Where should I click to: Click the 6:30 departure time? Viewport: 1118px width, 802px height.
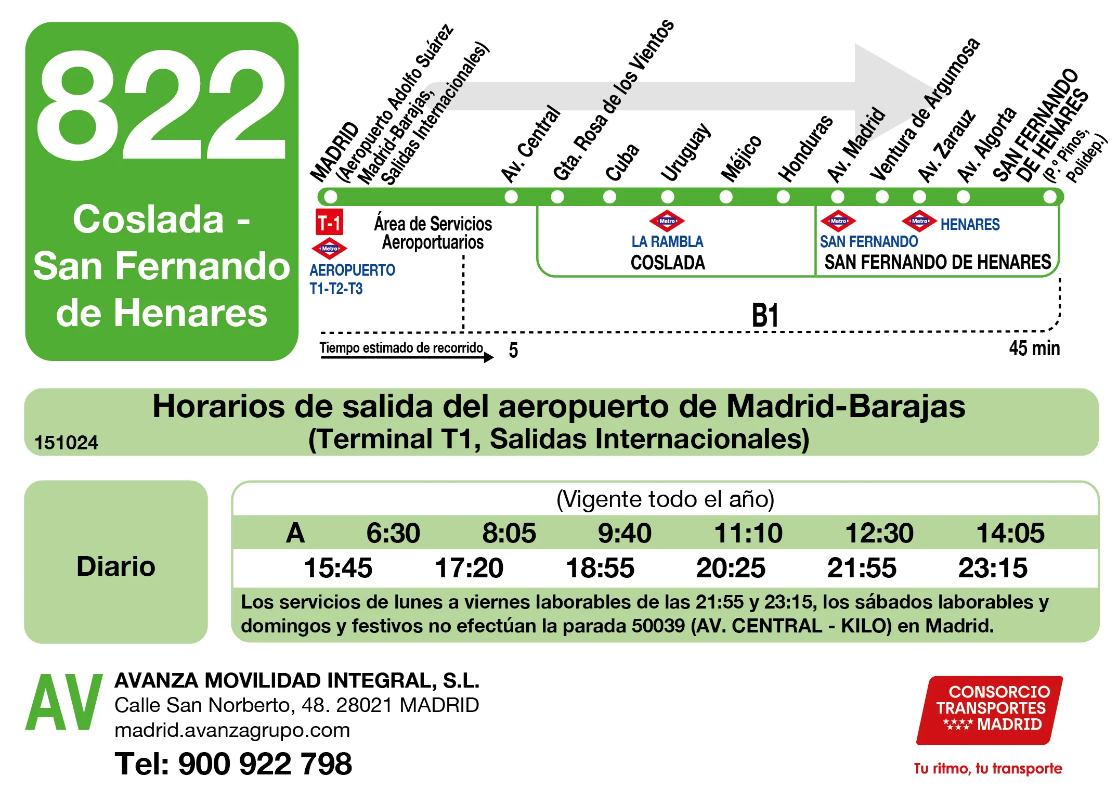(393, 533)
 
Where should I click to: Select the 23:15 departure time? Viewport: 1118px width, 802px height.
(992, 567)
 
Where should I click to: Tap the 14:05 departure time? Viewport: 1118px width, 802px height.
(1010, 533)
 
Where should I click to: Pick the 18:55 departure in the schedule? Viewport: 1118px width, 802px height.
(600, 567)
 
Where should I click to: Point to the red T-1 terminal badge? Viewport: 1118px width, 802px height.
(329, 223)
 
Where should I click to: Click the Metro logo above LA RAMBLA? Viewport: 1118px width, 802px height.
(667, 221)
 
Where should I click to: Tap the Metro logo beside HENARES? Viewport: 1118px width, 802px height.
(919, 222)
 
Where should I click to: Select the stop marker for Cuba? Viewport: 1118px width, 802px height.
(609, 197)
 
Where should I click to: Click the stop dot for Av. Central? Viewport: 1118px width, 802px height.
(511, 197)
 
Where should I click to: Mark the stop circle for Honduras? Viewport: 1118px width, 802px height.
(783, 197)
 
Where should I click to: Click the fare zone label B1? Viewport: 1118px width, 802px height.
(765, 316)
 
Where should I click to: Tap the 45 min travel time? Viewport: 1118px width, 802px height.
(1034, 348)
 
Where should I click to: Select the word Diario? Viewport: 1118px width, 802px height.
(115, 566)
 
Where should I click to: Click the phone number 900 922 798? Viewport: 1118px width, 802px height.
(265, 764)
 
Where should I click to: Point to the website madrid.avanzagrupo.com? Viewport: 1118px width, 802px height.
(232, 730)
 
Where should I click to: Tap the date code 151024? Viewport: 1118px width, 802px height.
(66, 443)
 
